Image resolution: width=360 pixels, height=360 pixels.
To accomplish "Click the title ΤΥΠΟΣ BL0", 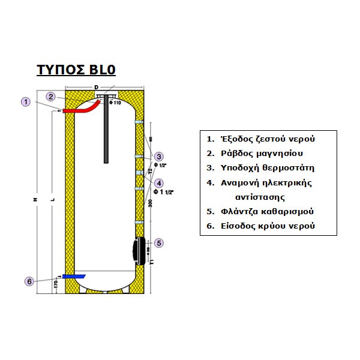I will pos(76,69).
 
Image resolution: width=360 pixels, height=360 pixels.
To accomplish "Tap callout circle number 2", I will pos(52,96).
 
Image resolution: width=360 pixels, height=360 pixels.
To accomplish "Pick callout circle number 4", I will pos(158,183).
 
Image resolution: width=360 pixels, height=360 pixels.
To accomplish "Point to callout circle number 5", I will pos(159,243).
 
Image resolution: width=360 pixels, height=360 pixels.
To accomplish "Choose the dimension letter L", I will pos(53,199).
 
